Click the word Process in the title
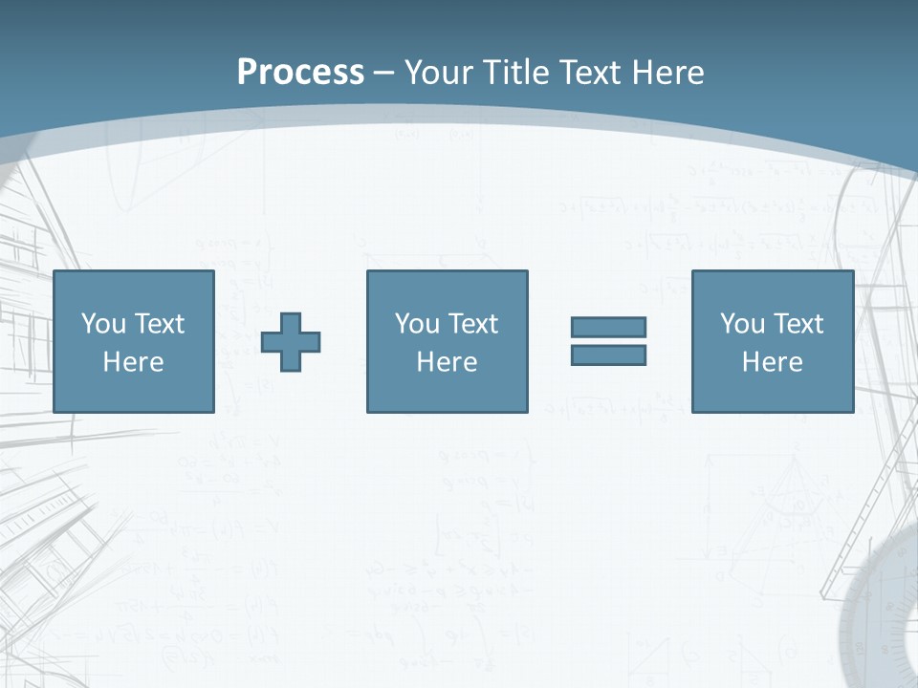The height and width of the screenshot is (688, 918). click(300, 72)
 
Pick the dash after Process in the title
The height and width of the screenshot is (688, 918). click(384, 73)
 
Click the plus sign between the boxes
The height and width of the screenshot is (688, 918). click(291, 341)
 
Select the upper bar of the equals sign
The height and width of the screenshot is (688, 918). click(608, 327)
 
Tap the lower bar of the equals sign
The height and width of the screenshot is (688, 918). click(608, 355)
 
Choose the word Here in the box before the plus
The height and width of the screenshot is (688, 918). click(133, 362)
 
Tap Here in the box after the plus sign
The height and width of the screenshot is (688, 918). click(447, 362)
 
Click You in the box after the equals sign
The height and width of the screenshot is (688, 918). click(742, 324)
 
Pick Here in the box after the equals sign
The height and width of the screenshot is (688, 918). click(772, 362)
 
